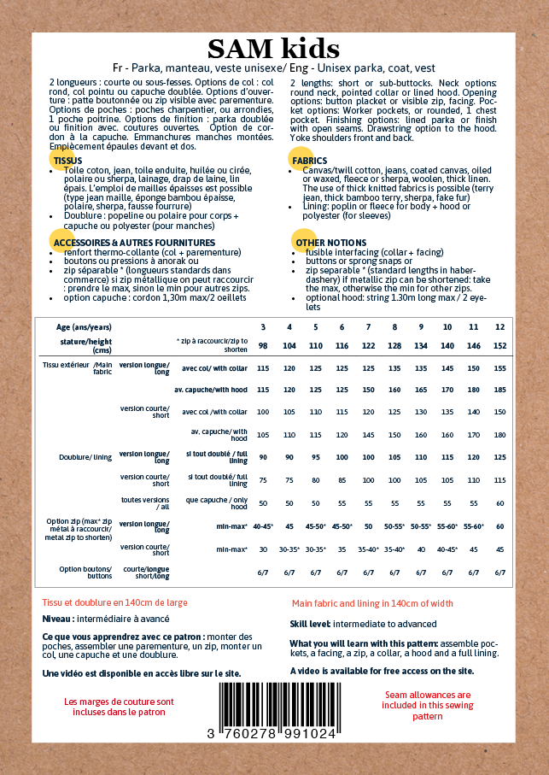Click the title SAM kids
tap(273, 49)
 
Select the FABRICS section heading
tap(309, 161)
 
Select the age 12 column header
tap(499, 327)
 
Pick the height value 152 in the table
tap(499, 344)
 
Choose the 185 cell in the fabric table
tap(499, 390)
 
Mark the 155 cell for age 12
tap(499, 367)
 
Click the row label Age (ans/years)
tap(84, 327)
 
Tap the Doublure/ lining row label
tap(85, 457)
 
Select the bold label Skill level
tap(309, 625)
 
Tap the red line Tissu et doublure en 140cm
tap(115, 602)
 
